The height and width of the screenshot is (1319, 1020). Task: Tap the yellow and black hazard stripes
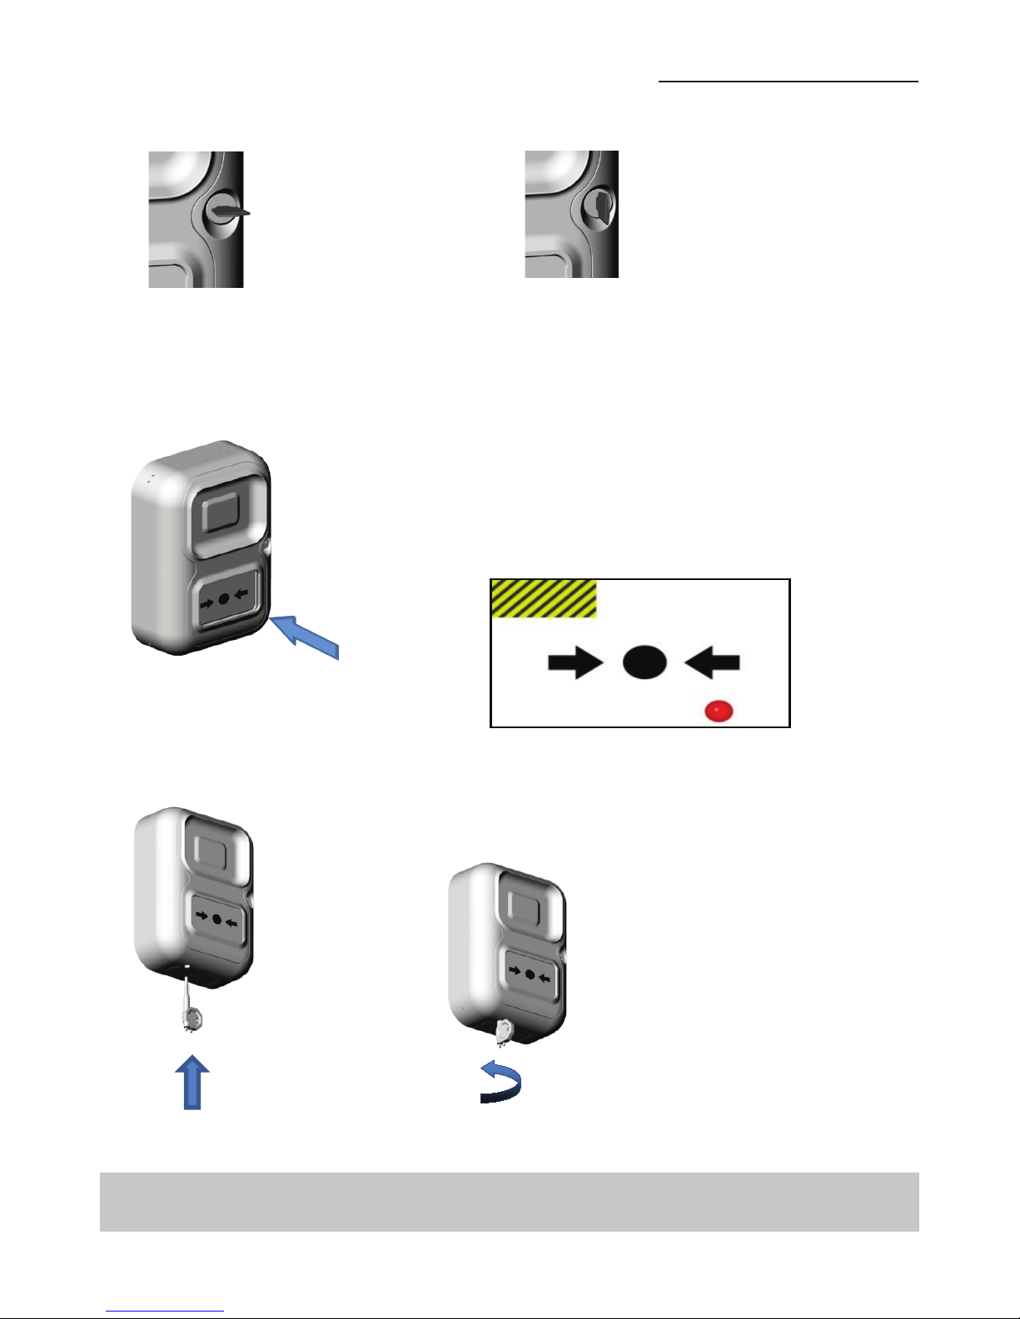coord(544,598)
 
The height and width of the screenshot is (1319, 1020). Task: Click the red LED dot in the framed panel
coord(719,712)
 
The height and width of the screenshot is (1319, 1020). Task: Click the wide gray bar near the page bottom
coord(509,1201)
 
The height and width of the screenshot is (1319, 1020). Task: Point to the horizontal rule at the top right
coord(788,82)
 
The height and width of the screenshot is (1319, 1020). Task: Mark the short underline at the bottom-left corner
coord(165,1311)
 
